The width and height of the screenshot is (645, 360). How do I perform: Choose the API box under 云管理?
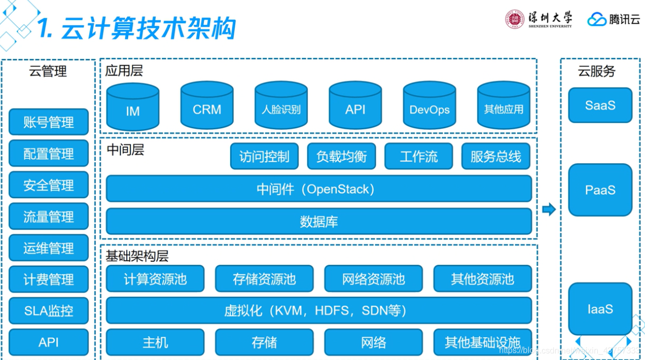[x=49, y=342]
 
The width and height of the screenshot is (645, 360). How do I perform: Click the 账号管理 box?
[x=49, y=122]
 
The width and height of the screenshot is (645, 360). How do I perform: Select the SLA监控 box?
[x=49, y=310]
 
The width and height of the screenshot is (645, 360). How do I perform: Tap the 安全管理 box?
[x=49, y=185]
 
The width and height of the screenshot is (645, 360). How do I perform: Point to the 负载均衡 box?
[x=341, y=156]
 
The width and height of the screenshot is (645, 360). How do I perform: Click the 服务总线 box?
[x=496, y=156]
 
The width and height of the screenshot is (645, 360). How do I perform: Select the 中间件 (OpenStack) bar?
[x=319, y=189]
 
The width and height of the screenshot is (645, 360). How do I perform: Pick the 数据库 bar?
[x=319, y=221]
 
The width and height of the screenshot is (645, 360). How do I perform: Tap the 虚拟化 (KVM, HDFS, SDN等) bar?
[x=319, y=310]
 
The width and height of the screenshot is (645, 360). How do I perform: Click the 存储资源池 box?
[x=264, y=279]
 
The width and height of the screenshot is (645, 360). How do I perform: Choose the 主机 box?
[x=155, y=342]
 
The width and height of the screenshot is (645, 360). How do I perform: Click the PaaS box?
[x=600, y=190]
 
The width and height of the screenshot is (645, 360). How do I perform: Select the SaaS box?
[x=600, y=105]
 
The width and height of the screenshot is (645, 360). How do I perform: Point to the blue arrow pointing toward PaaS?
[x=549, y=209]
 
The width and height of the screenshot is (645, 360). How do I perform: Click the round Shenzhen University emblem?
[x=515, y=19]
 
